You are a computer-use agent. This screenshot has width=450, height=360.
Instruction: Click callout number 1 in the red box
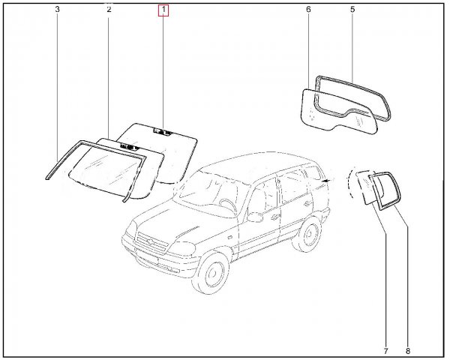point(163,10)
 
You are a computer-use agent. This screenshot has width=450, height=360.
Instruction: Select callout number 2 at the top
point(109,10)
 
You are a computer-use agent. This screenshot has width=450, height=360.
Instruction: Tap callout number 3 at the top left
point(58,10)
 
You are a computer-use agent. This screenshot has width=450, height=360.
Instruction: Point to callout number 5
point(352,10)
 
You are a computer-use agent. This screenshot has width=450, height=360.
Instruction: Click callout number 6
point(308,10)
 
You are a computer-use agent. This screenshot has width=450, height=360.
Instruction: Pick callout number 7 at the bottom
point(385,351)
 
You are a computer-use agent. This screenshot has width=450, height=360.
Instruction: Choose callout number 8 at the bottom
point(408,351)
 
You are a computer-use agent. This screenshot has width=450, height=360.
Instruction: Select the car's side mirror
point(255,217)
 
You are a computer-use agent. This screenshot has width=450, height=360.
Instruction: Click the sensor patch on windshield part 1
point(163,132)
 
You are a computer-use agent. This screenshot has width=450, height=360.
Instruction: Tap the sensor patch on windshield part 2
point(130,146)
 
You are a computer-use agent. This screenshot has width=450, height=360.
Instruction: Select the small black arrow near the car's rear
point(326,181)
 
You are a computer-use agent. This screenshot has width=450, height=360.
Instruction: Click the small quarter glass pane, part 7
point(366,187)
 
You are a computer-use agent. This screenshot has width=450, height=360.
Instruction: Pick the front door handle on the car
point(276,216)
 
